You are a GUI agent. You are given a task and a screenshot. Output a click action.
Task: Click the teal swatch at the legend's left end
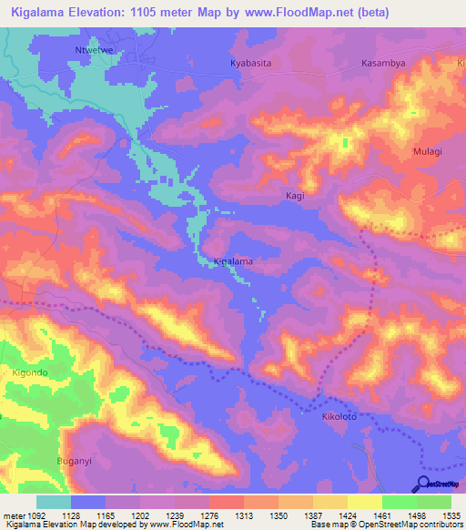(54, 502)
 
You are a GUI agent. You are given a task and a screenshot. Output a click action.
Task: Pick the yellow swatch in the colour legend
(364, 502)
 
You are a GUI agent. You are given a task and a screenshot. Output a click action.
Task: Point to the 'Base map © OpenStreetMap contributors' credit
(385, 525)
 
